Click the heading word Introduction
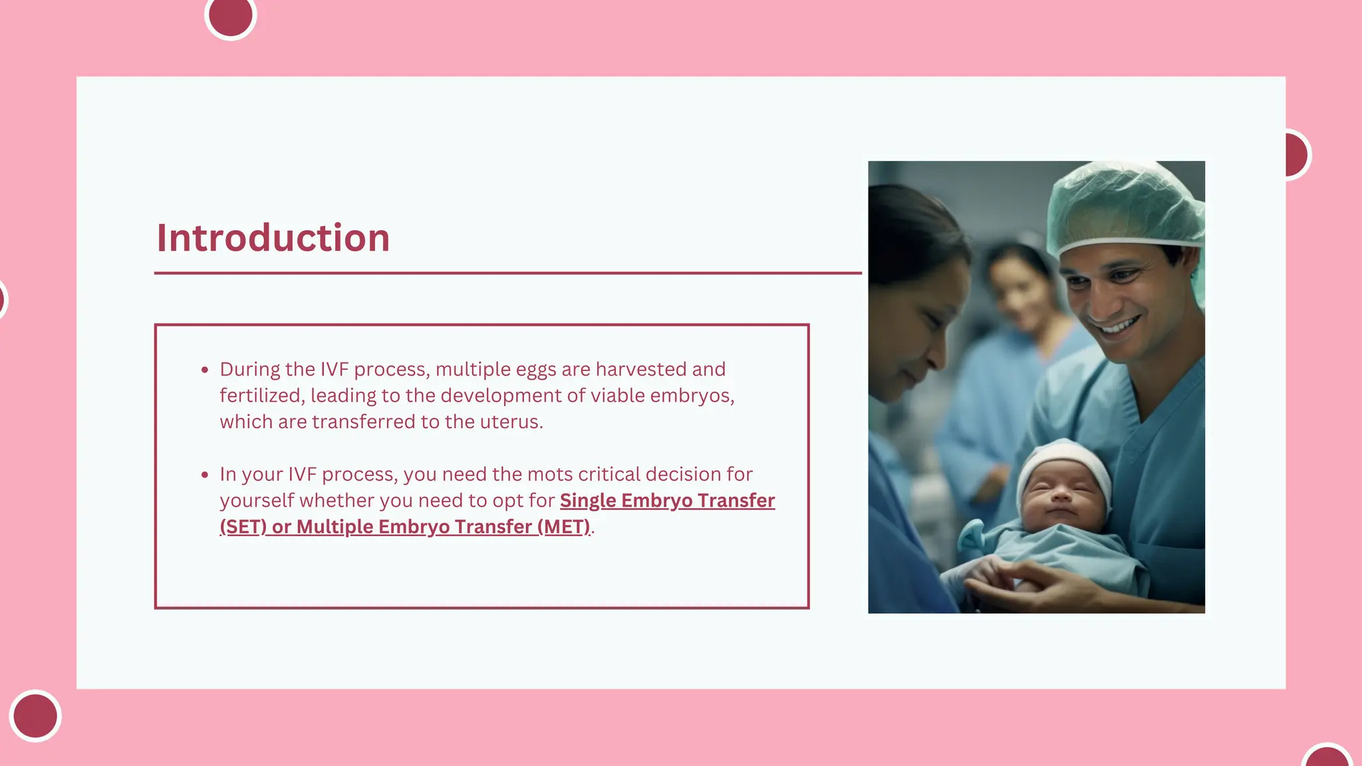tap(273, 238)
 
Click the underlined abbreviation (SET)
tap(243, 527)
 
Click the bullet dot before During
tap(205, 370)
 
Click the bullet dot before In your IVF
tap(205, 475)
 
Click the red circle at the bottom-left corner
tap(35, 715)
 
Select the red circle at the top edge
tap(231, 15)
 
